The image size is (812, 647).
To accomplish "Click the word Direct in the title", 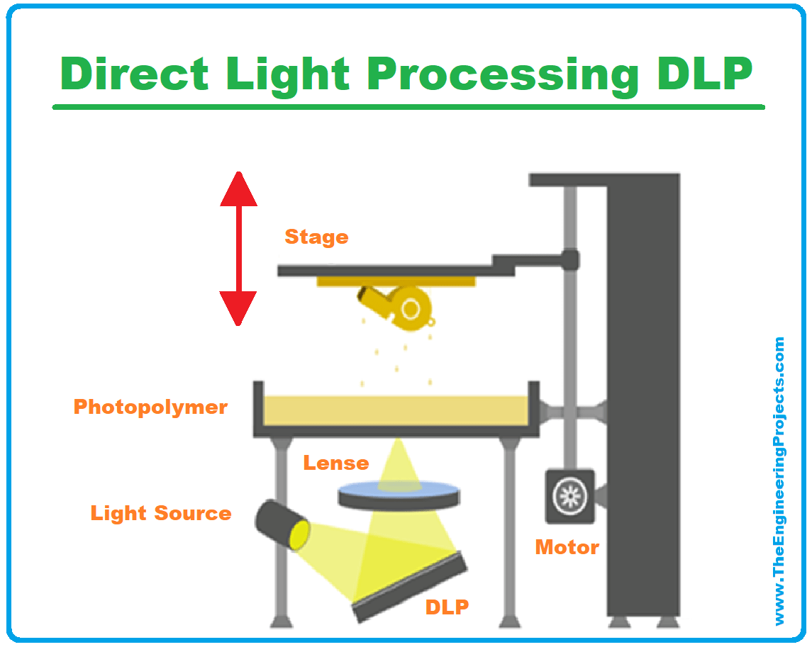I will point(135,73).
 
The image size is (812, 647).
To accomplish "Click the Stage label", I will point(316,237).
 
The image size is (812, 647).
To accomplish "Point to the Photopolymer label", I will point(150,407).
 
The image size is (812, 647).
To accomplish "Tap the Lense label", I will point(336,463).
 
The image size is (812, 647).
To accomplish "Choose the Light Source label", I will point(161,513).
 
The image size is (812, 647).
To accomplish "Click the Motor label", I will point(567,547).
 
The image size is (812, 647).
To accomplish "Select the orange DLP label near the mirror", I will point(447,607).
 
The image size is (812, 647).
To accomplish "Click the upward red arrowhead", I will point(238,189).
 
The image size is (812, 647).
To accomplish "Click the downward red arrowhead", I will point(238,308).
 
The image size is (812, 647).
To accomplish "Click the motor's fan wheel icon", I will point(569,497).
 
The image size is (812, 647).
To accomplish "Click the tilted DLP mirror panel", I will point(410,587).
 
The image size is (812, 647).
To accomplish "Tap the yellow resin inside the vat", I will point(396,410).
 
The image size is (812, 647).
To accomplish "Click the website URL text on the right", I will point(779,482).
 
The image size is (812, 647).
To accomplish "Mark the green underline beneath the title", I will point(408,107).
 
